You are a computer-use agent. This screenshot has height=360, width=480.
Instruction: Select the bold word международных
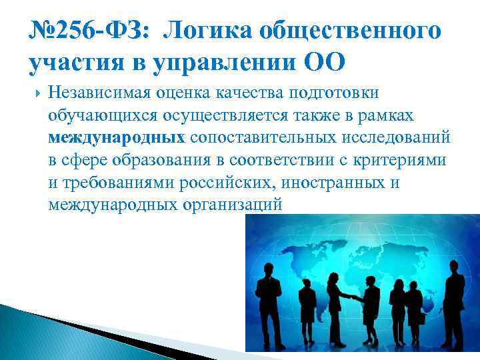click(x=117, y=139)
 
